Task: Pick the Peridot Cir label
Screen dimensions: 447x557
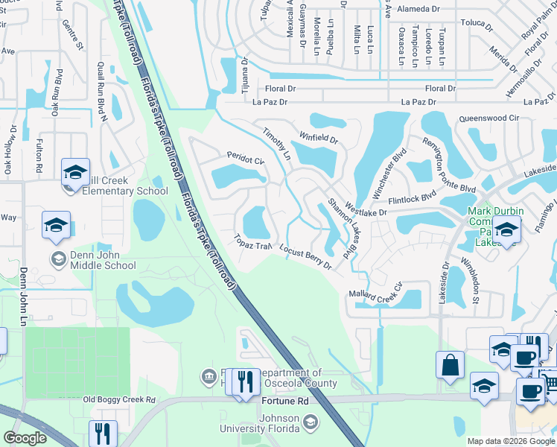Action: (246, 159)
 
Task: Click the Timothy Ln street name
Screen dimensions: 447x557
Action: (277, 142)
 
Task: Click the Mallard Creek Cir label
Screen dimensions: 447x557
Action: (375, 289)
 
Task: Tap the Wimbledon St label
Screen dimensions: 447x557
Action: (473, 279)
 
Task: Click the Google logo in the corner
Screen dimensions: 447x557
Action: (25, 438)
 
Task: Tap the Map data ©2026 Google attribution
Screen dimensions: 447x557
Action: (510, 441)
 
